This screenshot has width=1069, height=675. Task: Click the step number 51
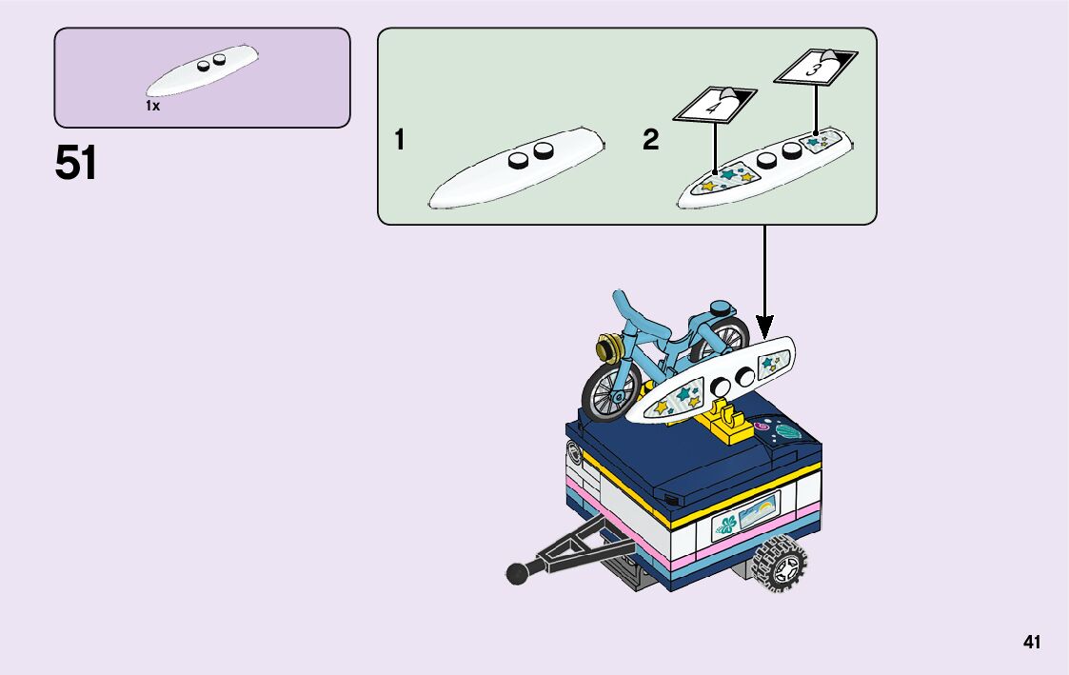tap(76, 164)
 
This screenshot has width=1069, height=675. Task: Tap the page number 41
tap(1032, 643)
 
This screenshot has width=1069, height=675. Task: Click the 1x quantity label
tap(152, 107)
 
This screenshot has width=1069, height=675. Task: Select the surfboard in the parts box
tap(202, 70)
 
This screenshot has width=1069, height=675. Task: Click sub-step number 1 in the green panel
tap(400, 141)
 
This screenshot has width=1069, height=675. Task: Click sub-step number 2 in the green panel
tap(650, 141)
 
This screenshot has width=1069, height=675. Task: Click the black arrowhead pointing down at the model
tap(764, 326)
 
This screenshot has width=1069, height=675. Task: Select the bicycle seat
tap(723, 308)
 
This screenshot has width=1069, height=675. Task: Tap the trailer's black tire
tap(779, 566)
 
